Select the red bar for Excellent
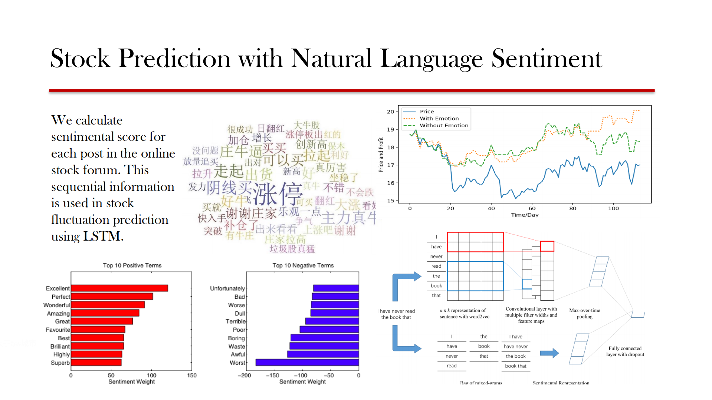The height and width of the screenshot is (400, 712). [x=119, y=288]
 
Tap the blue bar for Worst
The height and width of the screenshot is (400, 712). [x=307, y=362]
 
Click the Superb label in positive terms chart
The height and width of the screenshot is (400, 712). [x=60, y=363]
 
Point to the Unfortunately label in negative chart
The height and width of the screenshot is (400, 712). [x=227, y=288]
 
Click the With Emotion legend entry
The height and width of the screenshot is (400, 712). [x=439, y=118]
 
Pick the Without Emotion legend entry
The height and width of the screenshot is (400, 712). [x=444, y=125]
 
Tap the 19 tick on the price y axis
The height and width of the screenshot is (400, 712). [x=390, y=129]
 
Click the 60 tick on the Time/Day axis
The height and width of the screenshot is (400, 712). [x=532, y=208]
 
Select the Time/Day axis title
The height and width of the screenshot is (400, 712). [x=525, y=215]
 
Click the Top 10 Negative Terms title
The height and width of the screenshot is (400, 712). [x=303, y=265]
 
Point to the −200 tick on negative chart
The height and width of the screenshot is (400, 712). [x=244, y=375]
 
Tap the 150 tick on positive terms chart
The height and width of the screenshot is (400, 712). [x=192, y=375]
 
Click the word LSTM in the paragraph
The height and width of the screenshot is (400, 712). [x=102, y=236]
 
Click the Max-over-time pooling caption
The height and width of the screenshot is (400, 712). [x=584, y=313]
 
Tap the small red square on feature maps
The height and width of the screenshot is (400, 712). [x=547, y=246]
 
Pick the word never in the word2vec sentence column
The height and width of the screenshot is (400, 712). [x=436, y=257]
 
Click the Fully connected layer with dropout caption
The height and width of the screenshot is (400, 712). [x=625, y=351]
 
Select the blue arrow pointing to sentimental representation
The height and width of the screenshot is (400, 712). [x=549, y=353]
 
